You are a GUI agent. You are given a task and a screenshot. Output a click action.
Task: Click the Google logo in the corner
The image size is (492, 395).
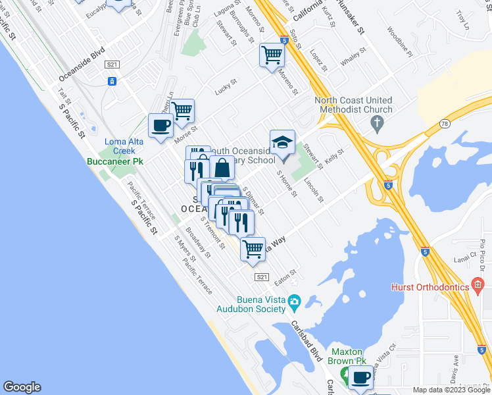(x=22, y=387)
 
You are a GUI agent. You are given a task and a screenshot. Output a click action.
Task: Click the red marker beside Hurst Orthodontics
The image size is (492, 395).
(x=478, y=286)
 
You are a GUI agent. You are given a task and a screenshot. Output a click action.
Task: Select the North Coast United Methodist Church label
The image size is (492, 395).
(x=353, y=105)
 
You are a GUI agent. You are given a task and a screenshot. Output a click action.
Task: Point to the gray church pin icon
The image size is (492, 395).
(x=377, y=122)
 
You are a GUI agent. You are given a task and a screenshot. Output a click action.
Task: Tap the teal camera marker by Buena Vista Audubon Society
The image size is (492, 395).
(x=294, y=301)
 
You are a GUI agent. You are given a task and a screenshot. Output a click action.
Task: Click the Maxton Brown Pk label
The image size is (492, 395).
(x=348, y=356)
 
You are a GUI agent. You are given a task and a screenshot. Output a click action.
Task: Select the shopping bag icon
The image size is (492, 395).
(x=222, y=169)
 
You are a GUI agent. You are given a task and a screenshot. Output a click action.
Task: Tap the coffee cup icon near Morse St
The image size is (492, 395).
(x=160, y=125)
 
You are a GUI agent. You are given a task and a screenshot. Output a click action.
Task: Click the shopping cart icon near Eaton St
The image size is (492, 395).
(x=253, y=249)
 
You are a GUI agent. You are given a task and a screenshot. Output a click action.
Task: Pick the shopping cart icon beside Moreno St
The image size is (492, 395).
(x=271, y=55)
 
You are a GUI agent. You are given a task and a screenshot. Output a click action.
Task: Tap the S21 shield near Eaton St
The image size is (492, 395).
(x=262, y=277)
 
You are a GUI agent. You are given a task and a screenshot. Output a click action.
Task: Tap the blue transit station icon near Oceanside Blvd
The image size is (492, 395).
(x=112, y=81)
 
